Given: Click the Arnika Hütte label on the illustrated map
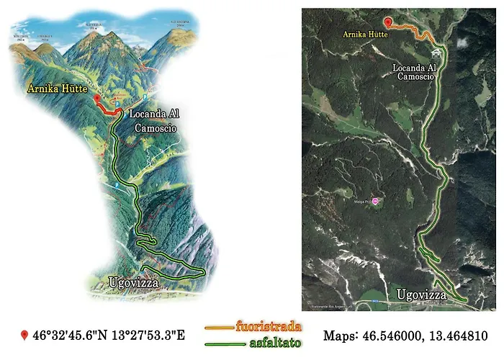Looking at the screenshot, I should pos(57,89).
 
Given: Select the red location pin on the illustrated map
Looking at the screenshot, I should pos(97,98).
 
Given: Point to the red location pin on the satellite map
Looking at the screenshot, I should pos(389,22).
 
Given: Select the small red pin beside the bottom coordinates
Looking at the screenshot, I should pos(24,336).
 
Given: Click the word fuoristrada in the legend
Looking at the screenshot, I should pos(269,327).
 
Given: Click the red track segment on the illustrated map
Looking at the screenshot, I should pos(108,109).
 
